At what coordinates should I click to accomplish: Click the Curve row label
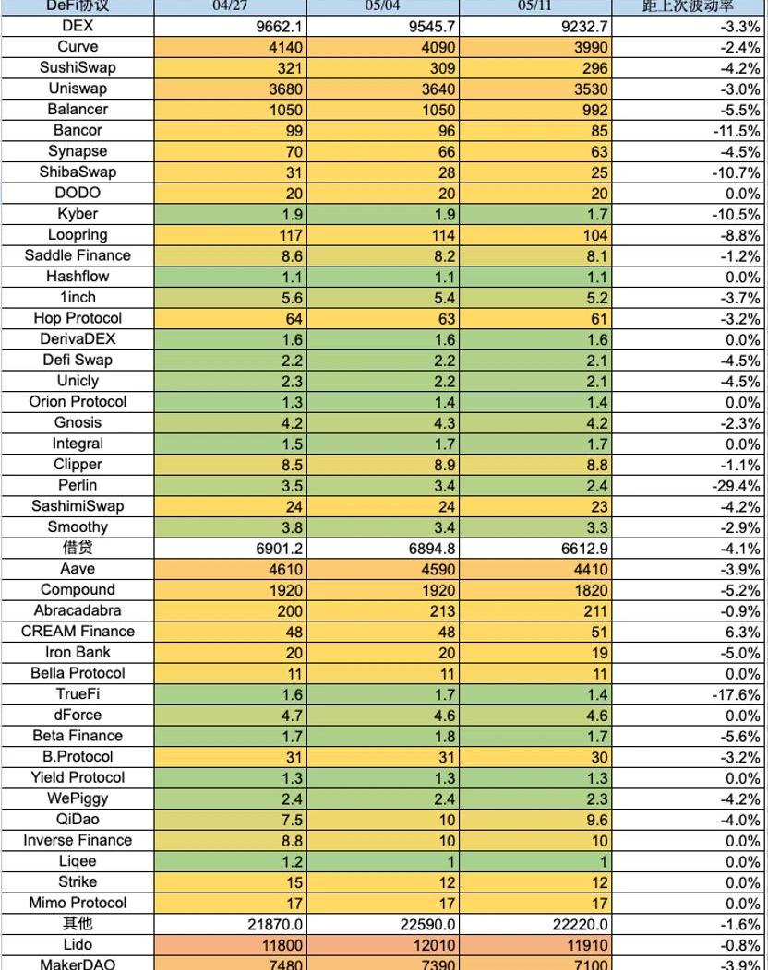tap(78, 47)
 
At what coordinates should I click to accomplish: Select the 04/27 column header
tap(230, 6)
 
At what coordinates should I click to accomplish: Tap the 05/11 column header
tap(535, 6)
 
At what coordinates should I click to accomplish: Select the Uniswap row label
tap(78, 89)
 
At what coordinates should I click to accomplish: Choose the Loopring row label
tap(78, 235)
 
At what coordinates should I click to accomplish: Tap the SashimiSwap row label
tap(78, 506)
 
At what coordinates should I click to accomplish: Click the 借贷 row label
tap(78, 548)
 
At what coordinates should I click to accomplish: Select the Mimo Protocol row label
tap(78, 903)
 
